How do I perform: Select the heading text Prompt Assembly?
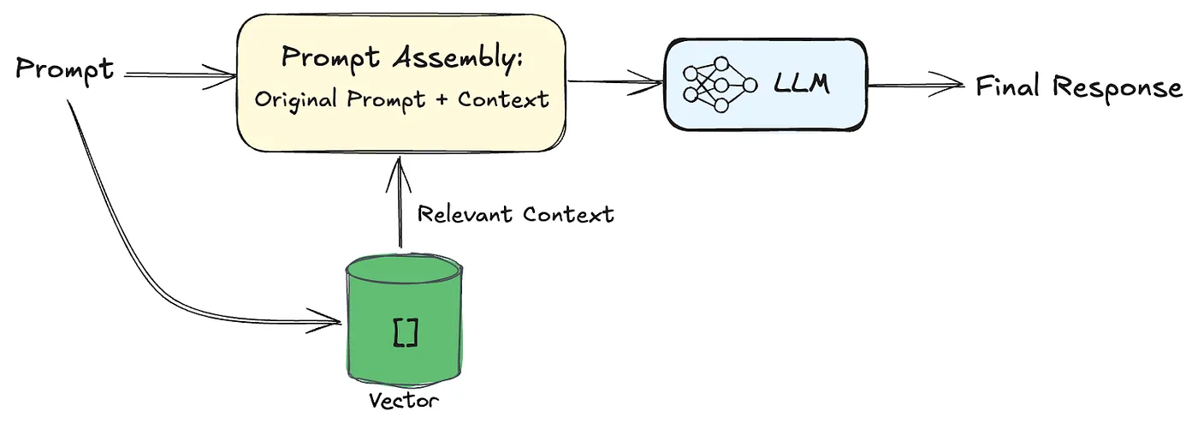point(402,59)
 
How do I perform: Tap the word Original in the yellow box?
point(295,99)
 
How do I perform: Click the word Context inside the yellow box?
point(503,99)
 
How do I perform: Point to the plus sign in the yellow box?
point(441,100)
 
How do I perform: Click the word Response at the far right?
point(1118,88)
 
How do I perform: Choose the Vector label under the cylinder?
point(404,401)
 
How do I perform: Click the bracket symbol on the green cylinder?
point(405,332)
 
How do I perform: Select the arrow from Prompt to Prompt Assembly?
point(180,76)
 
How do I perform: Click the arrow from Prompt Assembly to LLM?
point(615,83)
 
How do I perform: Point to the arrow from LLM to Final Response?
point(916,86)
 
